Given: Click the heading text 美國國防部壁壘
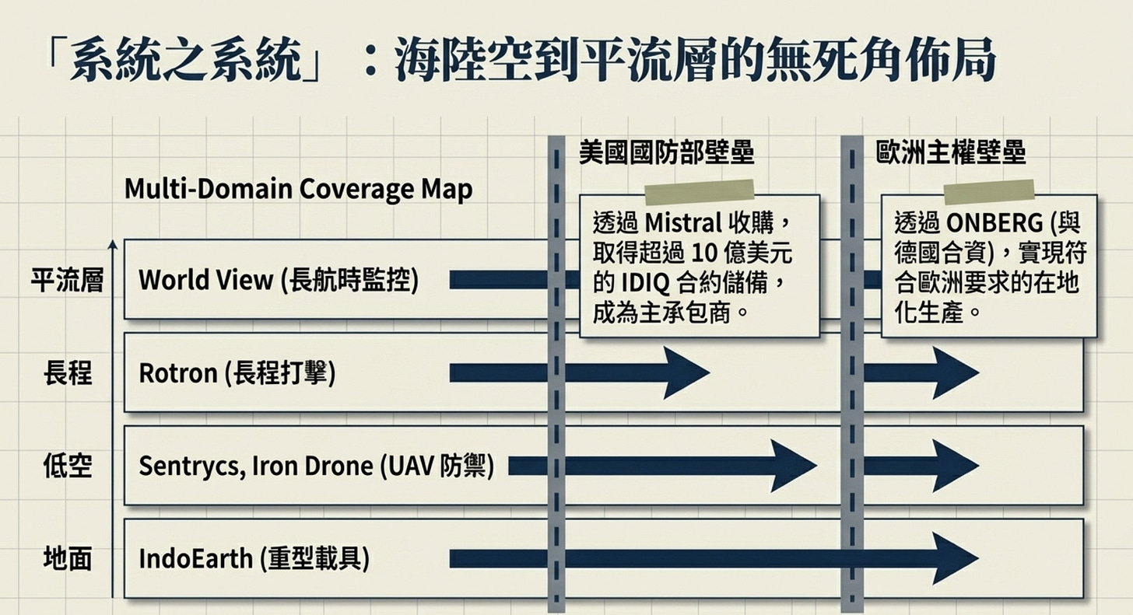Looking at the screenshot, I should point(666,152).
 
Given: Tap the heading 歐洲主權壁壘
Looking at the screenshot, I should point(950,152).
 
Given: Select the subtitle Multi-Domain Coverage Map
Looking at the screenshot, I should point(298,189).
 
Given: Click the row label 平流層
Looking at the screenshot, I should point(67,281).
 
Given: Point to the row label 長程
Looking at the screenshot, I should point(67,374).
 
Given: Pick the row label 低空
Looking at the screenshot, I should point(67,466).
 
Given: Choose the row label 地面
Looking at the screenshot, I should point(67,559).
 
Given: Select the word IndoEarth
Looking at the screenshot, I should point(195,559).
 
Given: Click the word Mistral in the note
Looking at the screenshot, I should point(684,224).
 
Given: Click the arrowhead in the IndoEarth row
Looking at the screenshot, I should point(955,559).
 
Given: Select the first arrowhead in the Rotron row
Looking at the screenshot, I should point(685,373).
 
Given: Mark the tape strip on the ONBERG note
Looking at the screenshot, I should point(988,192).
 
